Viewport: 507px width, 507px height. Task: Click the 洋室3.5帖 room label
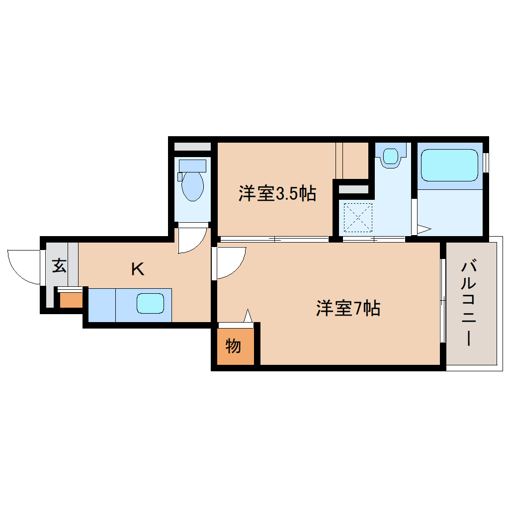pos(277,193)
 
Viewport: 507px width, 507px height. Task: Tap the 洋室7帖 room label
pos(348,308)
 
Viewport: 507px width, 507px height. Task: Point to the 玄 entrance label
pos(59,265)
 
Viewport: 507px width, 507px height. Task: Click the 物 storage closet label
pos(233,346)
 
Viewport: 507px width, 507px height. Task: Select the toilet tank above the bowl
pos(192,165)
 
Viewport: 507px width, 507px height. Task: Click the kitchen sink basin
pos(150,303)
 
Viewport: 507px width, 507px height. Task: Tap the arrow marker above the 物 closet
pos(249,316)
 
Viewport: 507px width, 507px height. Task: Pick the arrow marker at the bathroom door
pos(423,229)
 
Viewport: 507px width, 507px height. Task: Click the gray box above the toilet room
pos(192,147)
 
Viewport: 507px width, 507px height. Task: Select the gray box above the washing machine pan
pos(353,189)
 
